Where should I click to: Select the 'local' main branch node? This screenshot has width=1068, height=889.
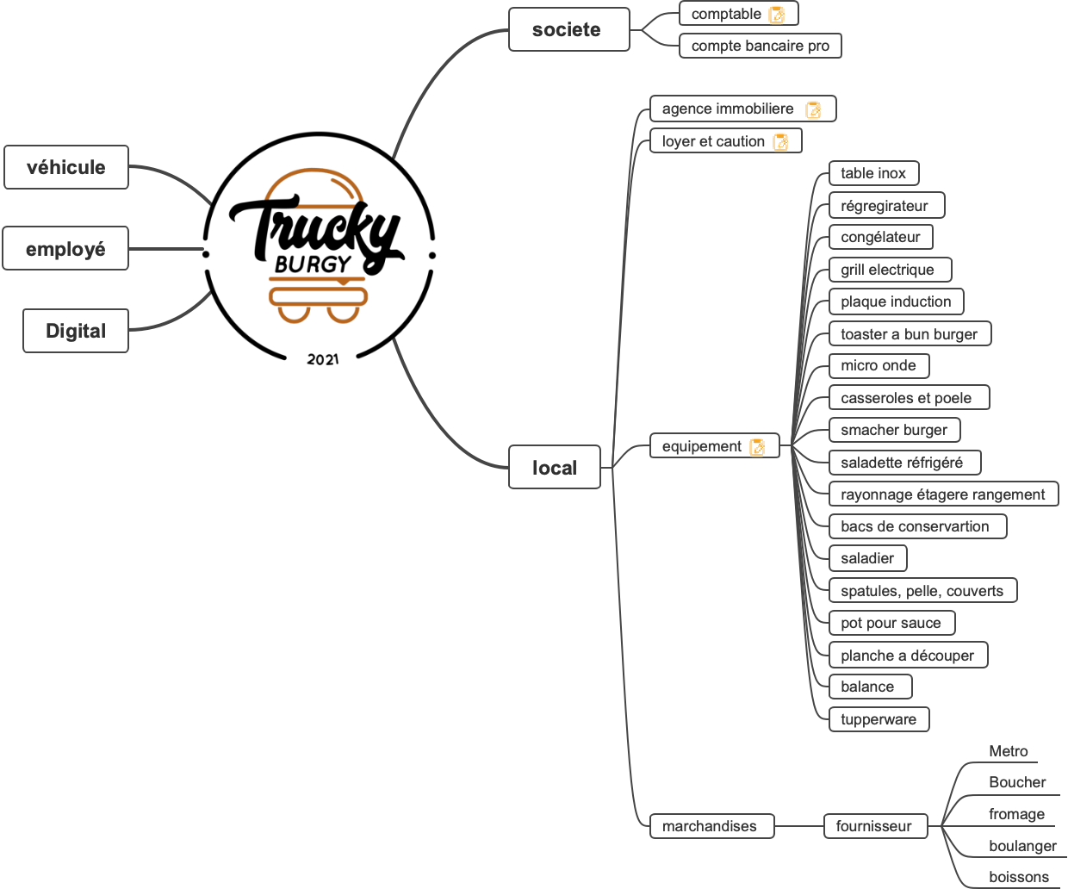(x=554, y=468)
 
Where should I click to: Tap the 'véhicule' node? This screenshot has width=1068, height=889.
(x=66, y=167)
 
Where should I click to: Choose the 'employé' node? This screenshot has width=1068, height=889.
(x=65, y=249)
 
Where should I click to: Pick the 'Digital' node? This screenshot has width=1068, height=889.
(x=76, y=331)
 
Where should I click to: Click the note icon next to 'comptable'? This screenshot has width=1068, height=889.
(x=777, y=15)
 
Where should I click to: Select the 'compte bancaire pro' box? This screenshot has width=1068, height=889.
(x=760, y=46)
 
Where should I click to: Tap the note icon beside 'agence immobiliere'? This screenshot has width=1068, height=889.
(x=813, y=109)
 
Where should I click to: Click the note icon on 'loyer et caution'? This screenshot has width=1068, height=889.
(x=781, y=142)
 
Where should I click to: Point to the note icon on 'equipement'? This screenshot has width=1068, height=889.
(x=758, y=447)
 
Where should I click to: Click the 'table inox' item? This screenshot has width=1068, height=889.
(x=873, y=173)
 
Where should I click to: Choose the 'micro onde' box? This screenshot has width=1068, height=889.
(x=879, y=366)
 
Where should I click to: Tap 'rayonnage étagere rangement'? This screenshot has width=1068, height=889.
(x=943, y=494)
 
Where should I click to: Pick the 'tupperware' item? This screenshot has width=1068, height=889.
(x=879, y=719)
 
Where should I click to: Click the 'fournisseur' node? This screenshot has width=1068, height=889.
(x=874, y=826)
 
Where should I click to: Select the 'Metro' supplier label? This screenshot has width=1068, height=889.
(x=1008, y=751)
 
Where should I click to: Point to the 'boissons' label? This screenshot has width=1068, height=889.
(x=1018, y=877)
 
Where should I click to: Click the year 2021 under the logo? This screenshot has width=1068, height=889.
(x=323, y=359)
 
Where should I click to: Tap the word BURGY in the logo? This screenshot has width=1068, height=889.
(x=313, y=264)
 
